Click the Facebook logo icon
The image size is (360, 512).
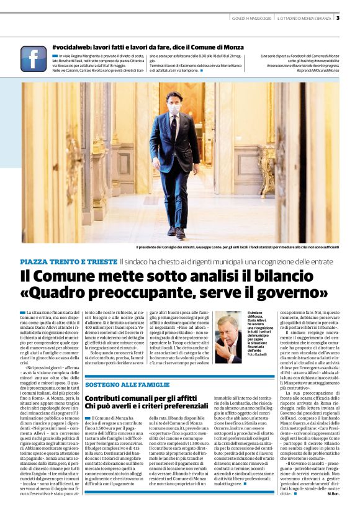click(34, 58)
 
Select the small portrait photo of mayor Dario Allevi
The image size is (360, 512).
click(228, 337)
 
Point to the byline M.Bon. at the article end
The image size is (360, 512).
click(331, 494)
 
